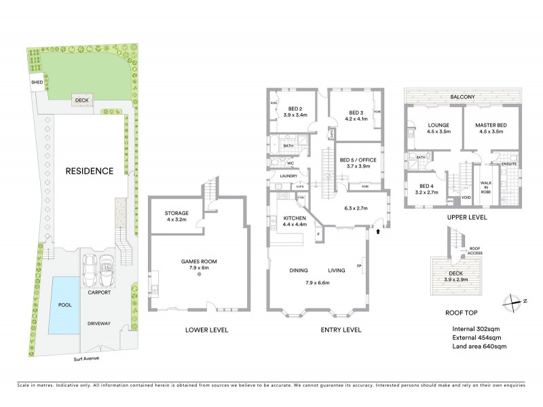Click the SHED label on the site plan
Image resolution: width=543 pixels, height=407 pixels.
click(37, 83)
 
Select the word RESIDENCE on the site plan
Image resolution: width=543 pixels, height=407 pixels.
click(89, 171)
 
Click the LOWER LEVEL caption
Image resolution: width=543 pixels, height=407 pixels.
click(206, 330)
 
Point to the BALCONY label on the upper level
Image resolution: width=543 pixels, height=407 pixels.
click(462, 97)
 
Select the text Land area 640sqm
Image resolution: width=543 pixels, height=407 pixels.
click(479, 347)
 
